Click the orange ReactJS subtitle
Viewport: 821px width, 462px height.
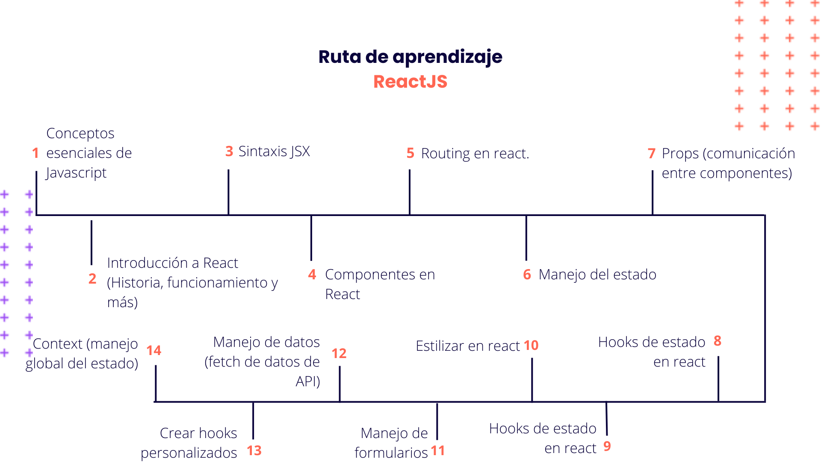(x=410, y=82)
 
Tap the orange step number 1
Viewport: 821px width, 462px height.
(x=35, y=153)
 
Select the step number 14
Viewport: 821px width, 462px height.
(x=154, y=351)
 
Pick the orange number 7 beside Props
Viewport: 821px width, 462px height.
(x=651, y=153)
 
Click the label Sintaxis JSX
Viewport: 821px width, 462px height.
(x=274, y=151)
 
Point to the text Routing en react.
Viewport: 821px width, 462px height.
(x=475, y=153)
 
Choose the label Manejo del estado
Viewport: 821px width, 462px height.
(x=597, y=275)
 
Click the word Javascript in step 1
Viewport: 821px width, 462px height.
(x=77, y=173)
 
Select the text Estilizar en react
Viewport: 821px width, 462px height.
(x=468, y=346)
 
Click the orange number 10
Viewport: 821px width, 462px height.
(x=531, y=345)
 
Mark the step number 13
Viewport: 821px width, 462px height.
(x=254, y=450)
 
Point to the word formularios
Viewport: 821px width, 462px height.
(x=391, y=453)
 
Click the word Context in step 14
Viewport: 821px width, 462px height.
(x=57, y=344)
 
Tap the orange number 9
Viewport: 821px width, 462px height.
(x=607, y=446)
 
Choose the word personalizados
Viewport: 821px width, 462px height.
(x=189, y=453)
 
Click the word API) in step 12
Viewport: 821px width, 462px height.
(x=308, y=381)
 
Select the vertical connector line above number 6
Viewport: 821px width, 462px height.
(x=526, y=238)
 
